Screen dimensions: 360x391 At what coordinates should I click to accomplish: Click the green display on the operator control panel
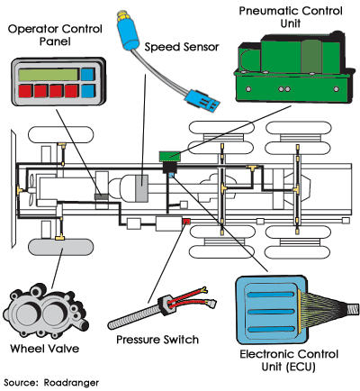pos(49,75)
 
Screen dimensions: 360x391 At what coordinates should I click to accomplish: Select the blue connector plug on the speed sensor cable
pos(202,100)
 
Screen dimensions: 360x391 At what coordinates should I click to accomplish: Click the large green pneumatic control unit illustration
pos(292,68)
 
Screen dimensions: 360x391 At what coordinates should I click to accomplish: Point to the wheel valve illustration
pos(45,312)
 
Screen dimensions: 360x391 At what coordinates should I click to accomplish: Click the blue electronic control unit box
pos(272,310)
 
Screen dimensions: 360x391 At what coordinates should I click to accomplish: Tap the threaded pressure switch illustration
pos(162,308)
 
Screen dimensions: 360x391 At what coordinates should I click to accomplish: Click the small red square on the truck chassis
pos(186,222)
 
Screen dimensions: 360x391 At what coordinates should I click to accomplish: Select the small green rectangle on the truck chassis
pos(170,156)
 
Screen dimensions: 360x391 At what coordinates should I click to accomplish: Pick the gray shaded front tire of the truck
pos(60,247)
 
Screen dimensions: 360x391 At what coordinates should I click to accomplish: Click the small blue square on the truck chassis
pos(172,176)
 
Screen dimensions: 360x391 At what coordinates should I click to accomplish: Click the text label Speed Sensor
pos(182,47)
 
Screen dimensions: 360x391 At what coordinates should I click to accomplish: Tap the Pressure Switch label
pos(157,340)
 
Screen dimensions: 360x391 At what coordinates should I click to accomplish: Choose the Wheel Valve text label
pos(45,349)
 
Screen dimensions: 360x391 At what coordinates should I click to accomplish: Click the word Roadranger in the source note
pos(71,383)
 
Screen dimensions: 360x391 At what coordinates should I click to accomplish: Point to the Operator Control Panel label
pos(55,35)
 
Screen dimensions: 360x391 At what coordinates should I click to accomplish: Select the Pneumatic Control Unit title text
pos(291,17)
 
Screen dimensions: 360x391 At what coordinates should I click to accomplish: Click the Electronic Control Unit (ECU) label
pos(289,360)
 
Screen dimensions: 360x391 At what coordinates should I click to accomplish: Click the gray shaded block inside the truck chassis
pos(141,188)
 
